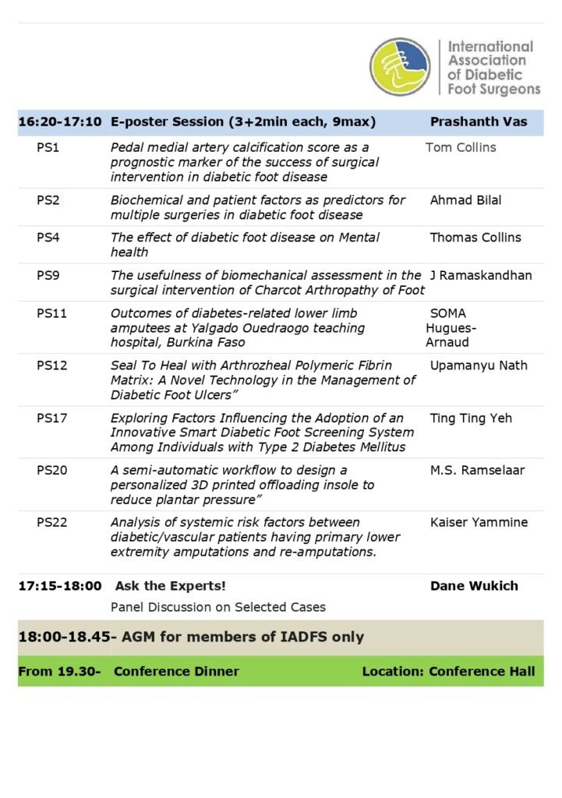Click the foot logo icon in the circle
(400, 67)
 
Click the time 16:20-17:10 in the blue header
(60, 122)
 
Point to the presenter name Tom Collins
(461, 147)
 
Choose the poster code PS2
(48, 200)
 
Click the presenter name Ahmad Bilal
(465, 200)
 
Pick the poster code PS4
(48, 238)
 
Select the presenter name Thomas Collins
(475, 238)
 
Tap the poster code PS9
(48, 275)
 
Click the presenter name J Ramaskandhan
(479, 275)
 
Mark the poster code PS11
(51, 313)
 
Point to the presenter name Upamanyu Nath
(479, 365)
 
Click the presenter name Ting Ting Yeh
(471, 418)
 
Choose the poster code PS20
(51, 471)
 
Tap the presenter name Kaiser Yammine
(479, 523)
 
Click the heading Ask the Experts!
(171, 586)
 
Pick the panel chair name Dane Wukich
(474, 586)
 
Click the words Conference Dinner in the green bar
(176, 671)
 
